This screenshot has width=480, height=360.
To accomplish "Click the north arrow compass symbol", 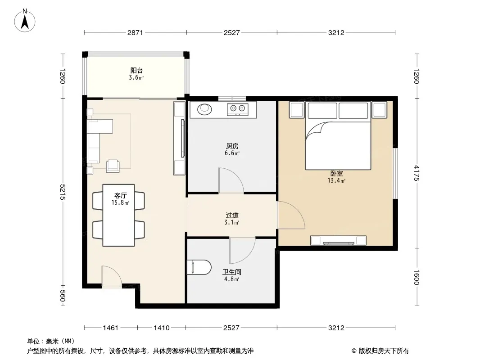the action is (25, 21).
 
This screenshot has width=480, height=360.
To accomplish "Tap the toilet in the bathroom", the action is (199, 267).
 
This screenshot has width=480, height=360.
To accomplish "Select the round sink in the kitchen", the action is (204, 109).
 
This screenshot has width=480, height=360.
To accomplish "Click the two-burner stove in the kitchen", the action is (238, 109).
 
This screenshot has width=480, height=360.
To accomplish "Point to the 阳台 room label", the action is (136, 70).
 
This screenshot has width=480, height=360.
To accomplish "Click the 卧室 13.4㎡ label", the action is (336, 177).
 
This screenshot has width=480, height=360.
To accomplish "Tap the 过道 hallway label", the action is (232, 216).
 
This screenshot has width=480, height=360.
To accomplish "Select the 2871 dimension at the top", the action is (135, 32).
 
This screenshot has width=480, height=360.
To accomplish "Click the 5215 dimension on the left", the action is (63, 192).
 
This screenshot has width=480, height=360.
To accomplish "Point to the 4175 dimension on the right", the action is (417, 173).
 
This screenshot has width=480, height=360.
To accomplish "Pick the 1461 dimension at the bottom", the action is (110, 328).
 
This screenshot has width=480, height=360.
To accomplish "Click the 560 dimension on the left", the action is (63, 296).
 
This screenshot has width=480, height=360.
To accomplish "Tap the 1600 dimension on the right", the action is (417, 277).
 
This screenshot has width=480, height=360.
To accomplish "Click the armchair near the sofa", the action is (113, 166).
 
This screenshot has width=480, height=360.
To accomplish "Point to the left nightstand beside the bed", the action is (296, 109).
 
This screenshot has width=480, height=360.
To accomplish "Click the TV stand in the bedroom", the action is (338, 240).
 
